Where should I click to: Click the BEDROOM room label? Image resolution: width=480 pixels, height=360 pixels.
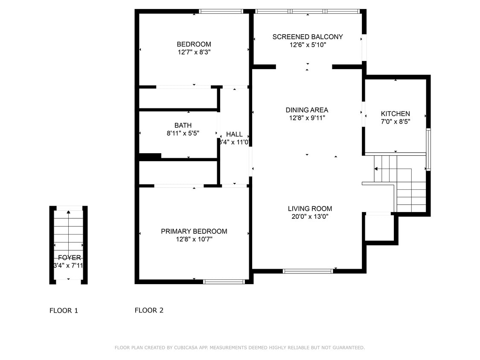click(194, 44)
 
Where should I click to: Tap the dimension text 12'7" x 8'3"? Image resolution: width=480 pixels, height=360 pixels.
click(194, 52)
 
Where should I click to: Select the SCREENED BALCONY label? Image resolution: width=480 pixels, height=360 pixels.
click(307, 37)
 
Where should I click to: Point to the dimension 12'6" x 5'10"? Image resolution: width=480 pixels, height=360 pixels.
click(307, 45)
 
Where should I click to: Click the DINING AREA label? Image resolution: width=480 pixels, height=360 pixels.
click(307, 110)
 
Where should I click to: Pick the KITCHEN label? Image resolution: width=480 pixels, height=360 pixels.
click(395, 113)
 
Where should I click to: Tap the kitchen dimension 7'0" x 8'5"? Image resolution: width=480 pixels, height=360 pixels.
click(395, 122)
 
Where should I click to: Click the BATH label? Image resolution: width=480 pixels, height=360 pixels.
click(183, 125)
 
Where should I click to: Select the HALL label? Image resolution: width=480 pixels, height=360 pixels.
click(234, 134)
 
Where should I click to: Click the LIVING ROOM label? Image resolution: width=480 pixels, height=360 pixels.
click(310, 209)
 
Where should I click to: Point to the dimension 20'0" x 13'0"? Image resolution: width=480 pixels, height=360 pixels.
click(310, 217)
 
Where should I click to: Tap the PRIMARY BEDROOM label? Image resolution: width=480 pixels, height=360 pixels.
click(194, 231)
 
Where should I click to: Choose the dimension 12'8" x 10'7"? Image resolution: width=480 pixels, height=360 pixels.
click(194, 239)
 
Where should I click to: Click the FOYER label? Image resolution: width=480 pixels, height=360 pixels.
click(69, 258)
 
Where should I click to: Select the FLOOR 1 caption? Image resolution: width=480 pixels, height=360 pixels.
click(64, 311)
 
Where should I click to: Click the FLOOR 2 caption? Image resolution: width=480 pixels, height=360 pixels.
click(149, 311)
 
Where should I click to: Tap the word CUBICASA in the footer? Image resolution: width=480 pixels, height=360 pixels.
click(185, 348)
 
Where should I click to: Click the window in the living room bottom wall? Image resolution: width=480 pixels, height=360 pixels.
click(308, 271)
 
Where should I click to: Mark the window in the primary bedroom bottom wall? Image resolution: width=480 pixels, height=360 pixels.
click(224, 282)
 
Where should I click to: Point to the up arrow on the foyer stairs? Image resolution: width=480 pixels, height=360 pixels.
click(69, 212)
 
